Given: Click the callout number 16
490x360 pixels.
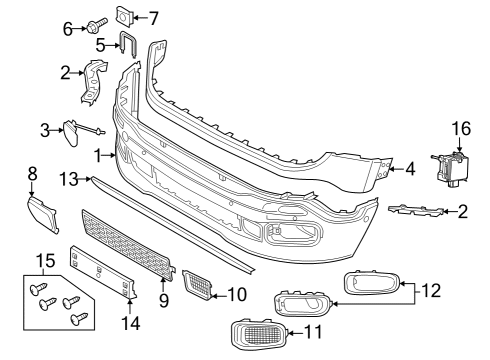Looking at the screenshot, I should [460, 129].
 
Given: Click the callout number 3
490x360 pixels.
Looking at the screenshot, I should [44, 129].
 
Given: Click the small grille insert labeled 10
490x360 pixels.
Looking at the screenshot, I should [197, 284].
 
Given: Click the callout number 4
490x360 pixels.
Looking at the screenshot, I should [410, 169].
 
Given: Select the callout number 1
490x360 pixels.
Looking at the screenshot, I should [98, 155].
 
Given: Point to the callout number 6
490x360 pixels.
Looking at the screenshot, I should [68, 29].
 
